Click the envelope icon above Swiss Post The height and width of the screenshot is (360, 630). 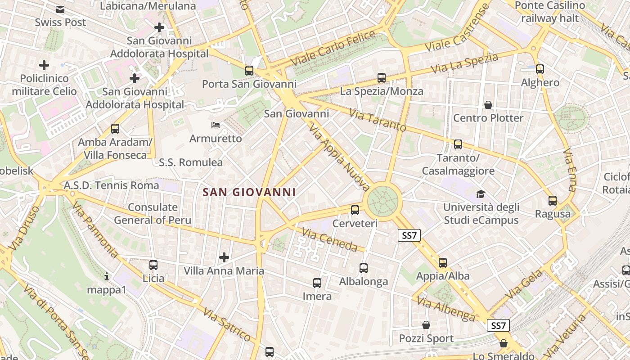(60, 9)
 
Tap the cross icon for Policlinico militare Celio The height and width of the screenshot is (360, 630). (44, 65)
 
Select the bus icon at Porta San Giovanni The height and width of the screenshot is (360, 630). (249, 71)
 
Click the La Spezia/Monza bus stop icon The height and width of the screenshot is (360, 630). (382, 78)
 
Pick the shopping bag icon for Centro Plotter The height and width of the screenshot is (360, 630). (488, 105)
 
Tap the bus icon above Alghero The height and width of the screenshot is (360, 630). (540, 69)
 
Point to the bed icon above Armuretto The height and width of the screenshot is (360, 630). (216, 125)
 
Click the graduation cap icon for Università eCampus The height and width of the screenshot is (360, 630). (481, 194)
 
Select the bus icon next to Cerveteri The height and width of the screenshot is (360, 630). (355, 210)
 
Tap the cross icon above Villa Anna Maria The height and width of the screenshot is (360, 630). (224, 257)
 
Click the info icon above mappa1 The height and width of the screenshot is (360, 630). (107, 276)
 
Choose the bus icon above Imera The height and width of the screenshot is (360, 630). (317, 283)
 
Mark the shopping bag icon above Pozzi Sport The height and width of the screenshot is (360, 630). (426, 324)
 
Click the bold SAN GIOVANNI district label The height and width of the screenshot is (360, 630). (249, 192)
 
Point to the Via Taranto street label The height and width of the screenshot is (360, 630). (378, 121)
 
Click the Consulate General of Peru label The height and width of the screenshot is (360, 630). (153, 214)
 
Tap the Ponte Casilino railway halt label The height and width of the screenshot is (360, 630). (549, 12)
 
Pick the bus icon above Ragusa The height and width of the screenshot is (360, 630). (553, 201)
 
